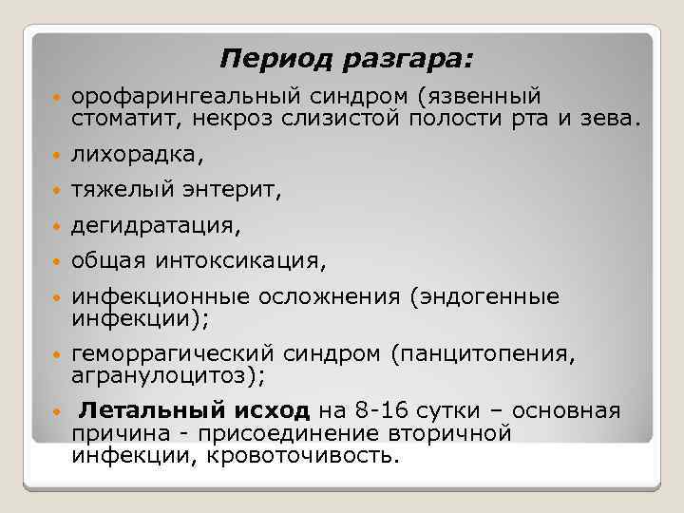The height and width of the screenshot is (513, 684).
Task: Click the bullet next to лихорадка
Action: coord(56,154)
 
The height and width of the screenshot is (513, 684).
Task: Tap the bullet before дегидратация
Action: coord(56,226)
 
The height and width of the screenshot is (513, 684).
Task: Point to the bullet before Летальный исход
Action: coord(56,411)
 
